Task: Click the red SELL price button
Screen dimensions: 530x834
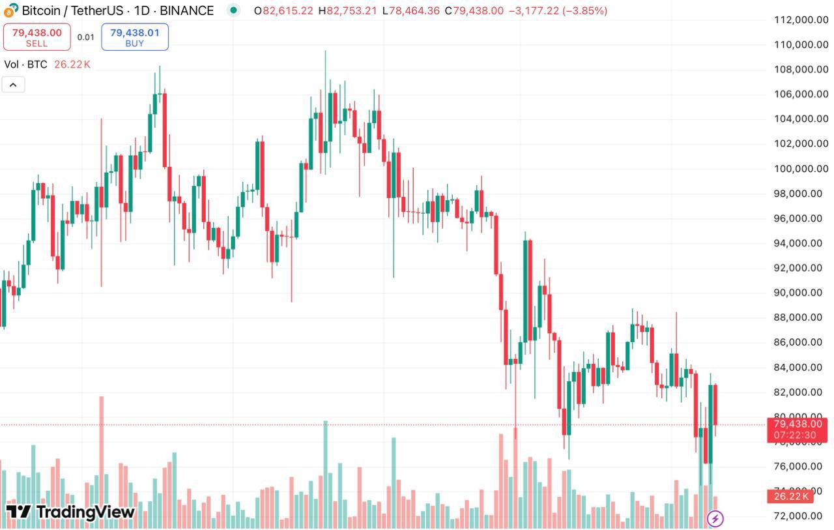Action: click(x=36, y=37)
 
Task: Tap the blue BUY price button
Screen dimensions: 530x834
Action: click(x=135, y=37)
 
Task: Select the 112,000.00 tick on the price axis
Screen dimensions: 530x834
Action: click(x=801, y=20)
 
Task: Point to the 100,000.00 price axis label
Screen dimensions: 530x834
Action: click(x=801, y=169)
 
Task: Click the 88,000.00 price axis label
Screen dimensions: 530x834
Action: click(x=801, y=317)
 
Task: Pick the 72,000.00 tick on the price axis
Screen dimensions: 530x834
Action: click(x=801, y=516)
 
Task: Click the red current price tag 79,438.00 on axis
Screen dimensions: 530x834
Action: click(x=798, y=424)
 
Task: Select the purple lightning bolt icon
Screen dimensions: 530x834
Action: click(x=715, y=519)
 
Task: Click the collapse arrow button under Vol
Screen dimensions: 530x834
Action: click(x=13, y=84)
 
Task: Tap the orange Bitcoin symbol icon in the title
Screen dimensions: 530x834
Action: click(x=11, y=10)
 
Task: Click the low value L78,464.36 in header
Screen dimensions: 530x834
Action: click(x=410, y=10)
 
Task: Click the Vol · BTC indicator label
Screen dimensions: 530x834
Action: click(x=25, y=65)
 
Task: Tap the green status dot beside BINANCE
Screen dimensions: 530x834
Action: click(x=233, y=10)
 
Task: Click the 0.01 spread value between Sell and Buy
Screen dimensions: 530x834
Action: click(x=85, y=37)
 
